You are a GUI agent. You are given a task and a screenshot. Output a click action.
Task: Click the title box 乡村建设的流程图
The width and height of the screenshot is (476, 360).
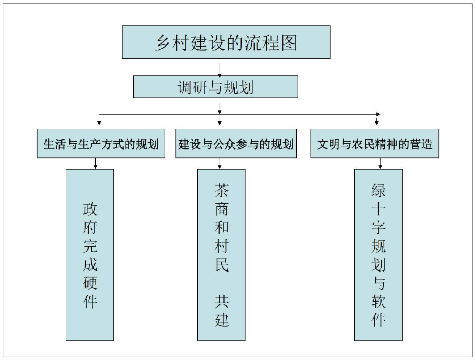click(226, 42)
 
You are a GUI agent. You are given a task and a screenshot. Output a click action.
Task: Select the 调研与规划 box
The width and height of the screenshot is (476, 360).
click(215, 87)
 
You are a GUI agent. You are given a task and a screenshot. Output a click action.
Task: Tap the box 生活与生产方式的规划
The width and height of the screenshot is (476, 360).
click(101, 143)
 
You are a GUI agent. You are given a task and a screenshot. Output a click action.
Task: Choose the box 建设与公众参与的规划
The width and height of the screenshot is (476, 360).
click(236, 143)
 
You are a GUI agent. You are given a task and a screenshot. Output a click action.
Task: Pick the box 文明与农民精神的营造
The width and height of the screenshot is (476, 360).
click(375, 143)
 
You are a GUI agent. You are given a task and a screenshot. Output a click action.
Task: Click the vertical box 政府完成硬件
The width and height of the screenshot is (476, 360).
click(90, 255)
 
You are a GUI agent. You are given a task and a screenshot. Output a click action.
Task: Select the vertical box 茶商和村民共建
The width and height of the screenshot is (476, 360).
click(221, 255)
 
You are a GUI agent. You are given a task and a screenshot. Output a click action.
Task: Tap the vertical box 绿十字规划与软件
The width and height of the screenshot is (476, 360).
click(378, 255)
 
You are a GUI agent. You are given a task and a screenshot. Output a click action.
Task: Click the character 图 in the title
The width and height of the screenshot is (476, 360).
click(289, 42)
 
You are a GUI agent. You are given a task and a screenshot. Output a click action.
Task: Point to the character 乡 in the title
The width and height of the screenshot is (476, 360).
click(163, 42)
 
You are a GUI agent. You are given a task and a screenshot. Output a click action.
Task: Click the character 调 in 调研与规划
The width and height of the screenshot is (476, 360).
click(185, 87)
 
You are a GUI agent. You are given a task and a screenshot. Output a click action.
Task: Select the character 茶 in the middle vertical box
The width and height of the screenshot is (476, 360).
click(222, 190)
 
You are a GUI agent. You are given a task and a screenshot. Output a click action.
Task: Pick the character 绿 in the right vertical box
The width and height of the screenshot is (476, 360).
click(378, 190)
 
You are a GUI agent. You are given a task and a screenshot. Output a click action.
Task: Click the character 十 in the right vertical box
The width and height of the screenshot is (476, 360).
click(378, 209)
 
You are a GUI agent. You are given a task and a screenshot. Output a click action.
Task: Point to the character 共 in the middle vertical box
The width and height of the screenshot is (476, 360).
click(222, 301)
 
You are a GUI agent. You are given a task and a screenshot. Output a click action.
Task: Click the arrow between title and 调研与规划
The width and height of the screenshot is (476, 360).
click(220, 70)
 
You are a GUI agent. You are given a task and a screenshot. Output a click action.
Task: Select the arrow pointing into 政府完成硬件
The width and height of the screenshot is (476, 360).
click(95, 163)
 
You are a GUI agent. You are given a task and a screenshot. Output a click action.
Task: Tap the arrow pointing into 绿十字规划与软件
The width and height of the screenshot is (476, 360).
click(380, 163)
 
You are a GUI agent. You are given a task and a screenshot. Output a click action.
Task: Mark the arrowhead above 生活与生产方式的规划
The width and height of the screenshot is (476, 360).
click(99, 123)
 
